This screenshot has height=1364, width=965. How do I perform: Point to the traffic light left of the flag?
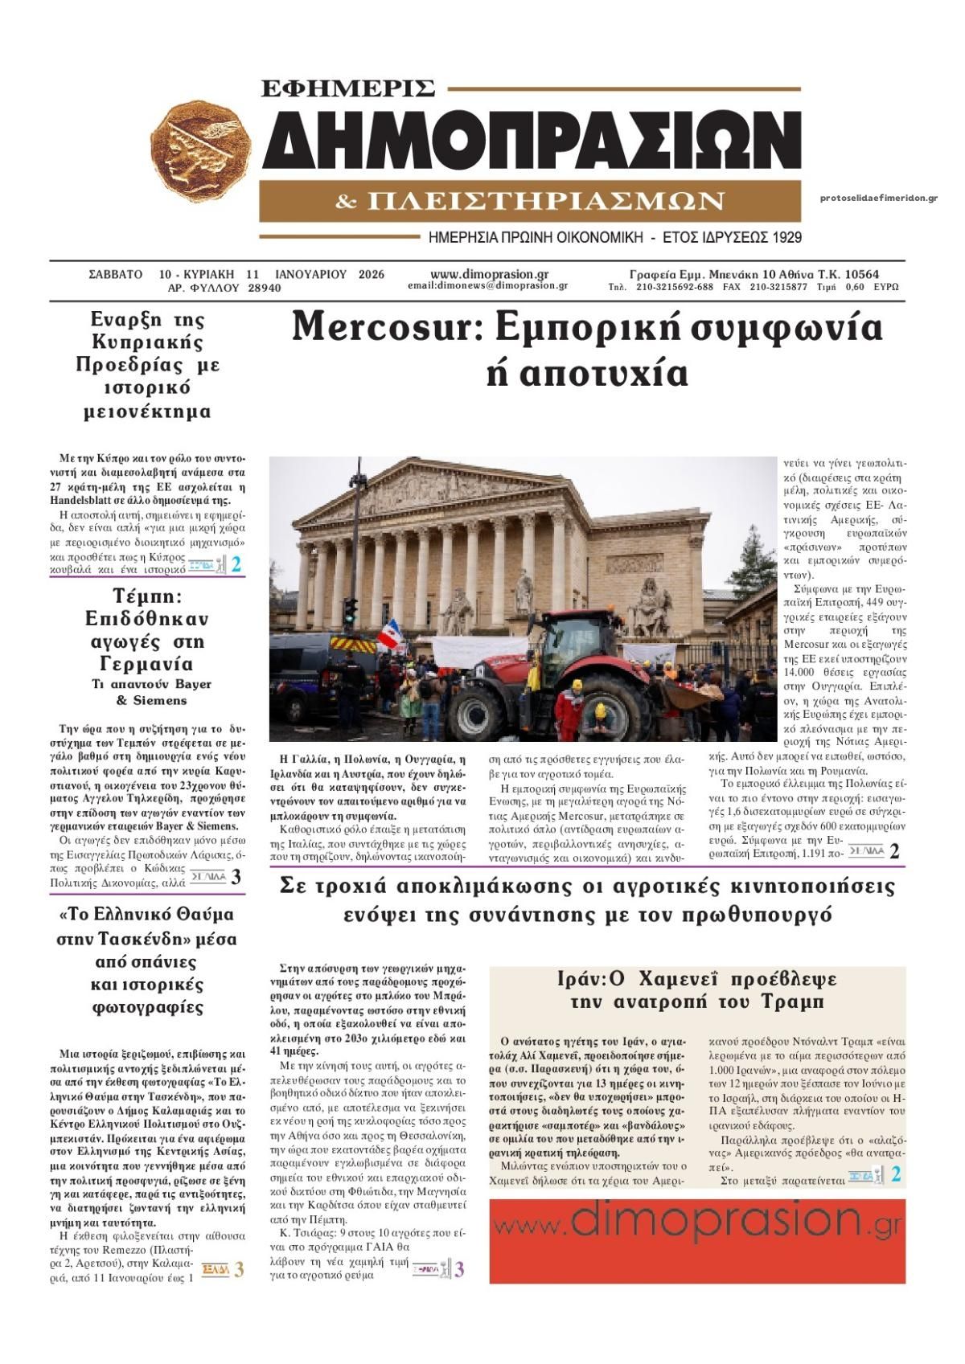pyautogui.click(x=350, y=613)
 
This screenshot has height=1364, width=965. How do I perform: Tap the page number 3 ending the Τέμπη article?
pyautogui.click(x=236, y=877)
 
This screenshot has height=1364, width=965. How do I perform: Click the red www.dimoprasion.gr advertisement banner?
pyautogui.click(x=696, y=1240)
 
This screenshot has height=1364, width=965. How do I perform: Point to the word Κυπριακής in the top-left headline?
pyautogui.click(x=147, y=342)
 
